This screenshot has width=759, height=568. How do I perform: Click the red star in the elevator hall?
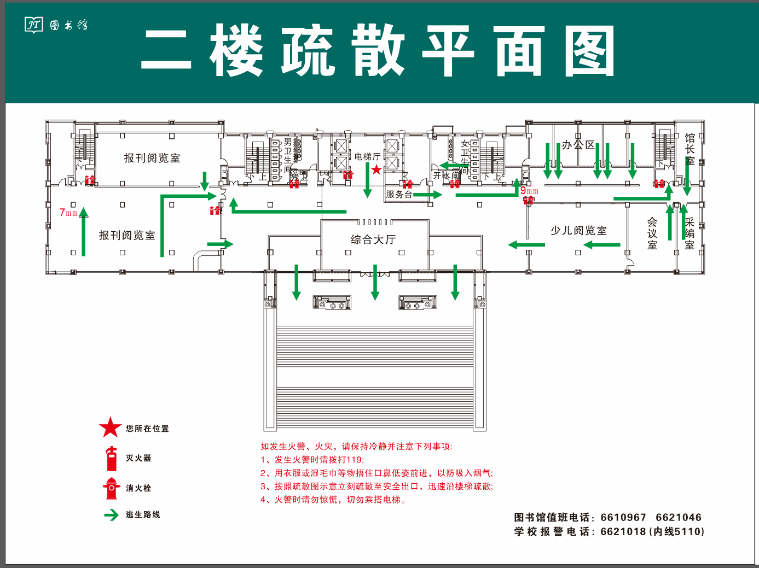376,169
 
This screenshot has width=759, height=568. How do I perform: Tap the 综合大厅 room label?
373,239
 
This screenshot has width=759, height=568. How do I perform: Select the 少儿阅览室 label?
578,231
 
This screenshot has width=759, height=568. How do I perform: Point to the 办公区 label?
578,145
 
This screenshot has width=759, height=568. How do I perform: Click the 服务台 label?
398,194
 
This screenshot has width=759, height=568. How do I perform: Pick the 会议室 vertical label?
652,233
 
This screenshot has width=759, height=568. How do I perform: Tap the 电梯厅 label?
367,157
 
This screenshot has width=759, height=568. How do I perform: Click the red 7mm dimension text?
68,213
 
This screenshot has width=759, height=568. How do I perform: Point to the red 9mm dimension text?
529,191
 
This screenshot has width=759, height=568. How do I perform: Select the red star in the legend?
110,428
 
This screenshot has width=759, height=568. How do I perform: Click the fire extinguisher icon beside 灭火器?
112,458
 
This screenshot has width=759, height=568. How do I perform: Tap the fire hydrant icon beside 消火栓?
112,488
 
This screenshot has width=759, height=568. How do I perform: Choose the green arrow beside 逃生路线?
112,515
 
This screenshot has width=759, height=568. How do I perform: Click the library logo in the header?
34,25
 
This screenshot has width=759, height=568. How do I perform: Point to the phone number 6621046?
678,517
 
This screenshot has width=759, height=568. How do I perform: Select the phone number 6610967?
623,517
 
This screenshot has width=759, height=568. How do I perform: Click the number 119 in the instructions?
354,460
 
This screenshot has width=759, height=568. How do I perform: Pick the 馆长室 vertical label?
690,149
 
